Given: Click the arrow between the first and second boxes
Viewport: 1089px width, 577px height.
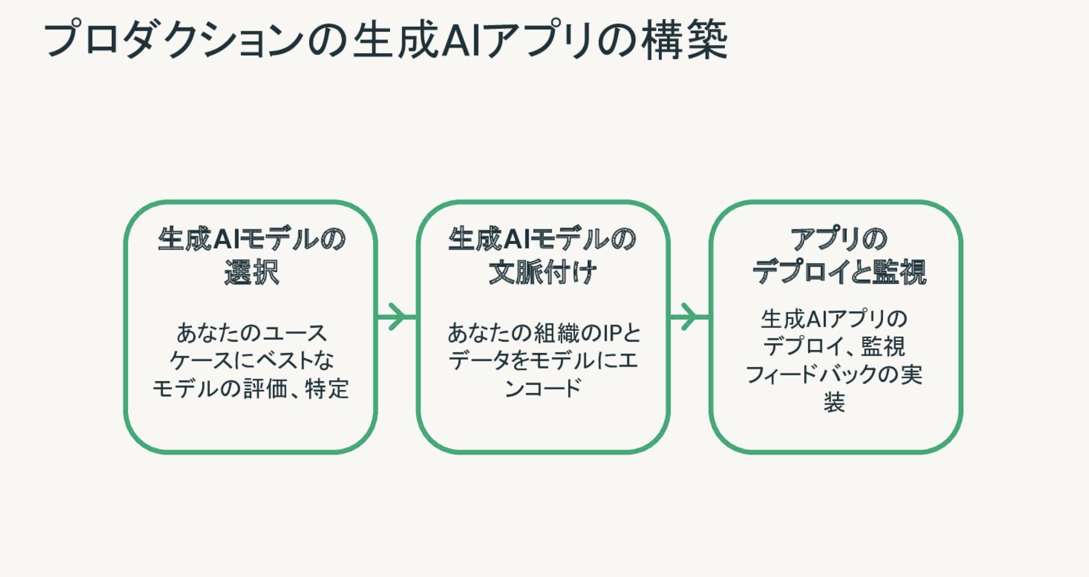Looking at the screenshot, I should (396, 316).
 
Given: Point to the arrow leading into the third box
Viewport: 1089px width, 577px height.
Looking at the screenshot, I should (689, 316).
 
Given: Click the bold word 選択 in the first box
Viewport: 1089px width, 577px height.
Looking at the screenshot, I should (251, 272).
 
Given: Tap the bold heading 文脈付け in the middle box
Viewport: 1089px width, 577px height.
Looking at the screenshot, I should (543, 272).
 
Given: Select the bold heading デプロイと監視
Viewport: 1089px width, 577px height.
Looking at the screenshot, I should (838, 272).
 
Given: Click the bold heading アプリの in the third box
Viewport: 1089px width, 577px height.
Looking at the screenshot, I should (838, 239).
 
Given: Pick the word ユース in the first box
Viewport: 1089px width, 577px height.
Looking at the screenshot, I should (295, 333).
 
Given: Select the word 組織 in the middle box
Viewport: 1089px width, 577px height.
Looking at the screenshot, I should (556, 333).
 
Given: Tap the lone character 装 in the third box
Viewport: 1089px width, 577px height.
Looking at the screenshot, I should (834, 402).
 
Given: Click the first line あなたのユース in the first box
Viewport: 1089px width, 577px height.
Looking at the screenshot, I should (251, 333).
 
